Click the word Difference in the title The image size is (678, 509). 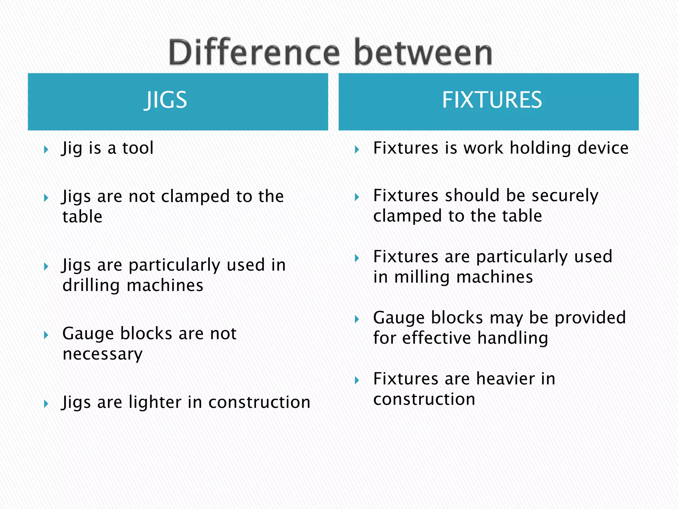(254, 52)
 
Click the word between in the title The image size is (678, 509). (423, 52)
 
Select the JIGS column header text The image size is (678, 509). (166, 100)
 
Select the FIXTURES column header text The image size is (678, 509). (492, 100)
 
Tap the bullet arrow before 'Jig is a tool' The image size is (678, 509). (46, 149)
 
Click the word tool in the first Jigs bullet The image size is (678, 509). (138, 148)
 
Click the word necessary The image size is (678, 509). (103, 354)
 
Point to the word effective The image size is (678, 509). (436, 338)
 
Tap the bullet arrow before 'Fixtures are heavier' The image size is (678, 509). (357, 380)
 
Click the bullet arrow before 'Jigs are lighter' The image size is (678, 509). (46, 404)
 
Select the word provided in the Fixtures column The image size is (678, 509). (590, 317)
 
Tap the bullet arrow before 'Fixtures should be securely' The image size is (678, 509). (357, 197)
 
